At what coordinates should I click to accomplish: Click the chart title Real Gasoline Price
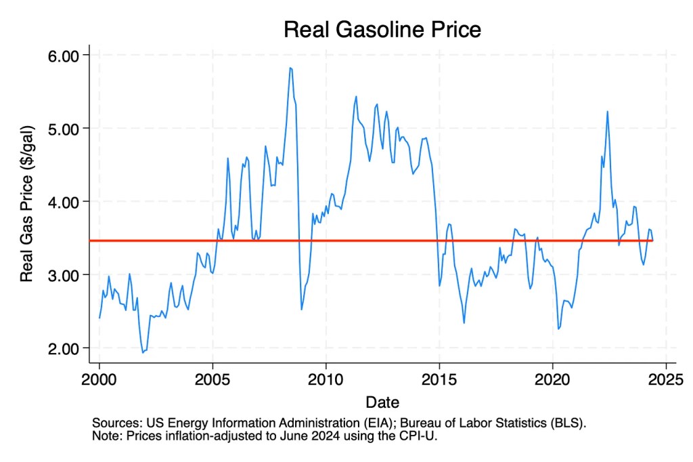point(382,30)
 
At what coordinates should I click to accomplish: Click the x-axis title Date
point(383,400)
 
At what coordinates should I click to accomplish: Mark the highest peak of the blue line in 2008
point(290,68)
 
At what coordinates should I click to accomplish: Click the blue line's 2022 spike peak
point(607,111)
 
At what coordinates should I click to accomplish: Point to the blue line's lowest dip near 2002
point(143,352)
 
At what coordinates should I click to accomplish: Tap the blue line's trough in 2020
point(558,329)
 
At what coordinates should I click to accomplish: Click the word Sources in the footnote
point(114,423)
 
